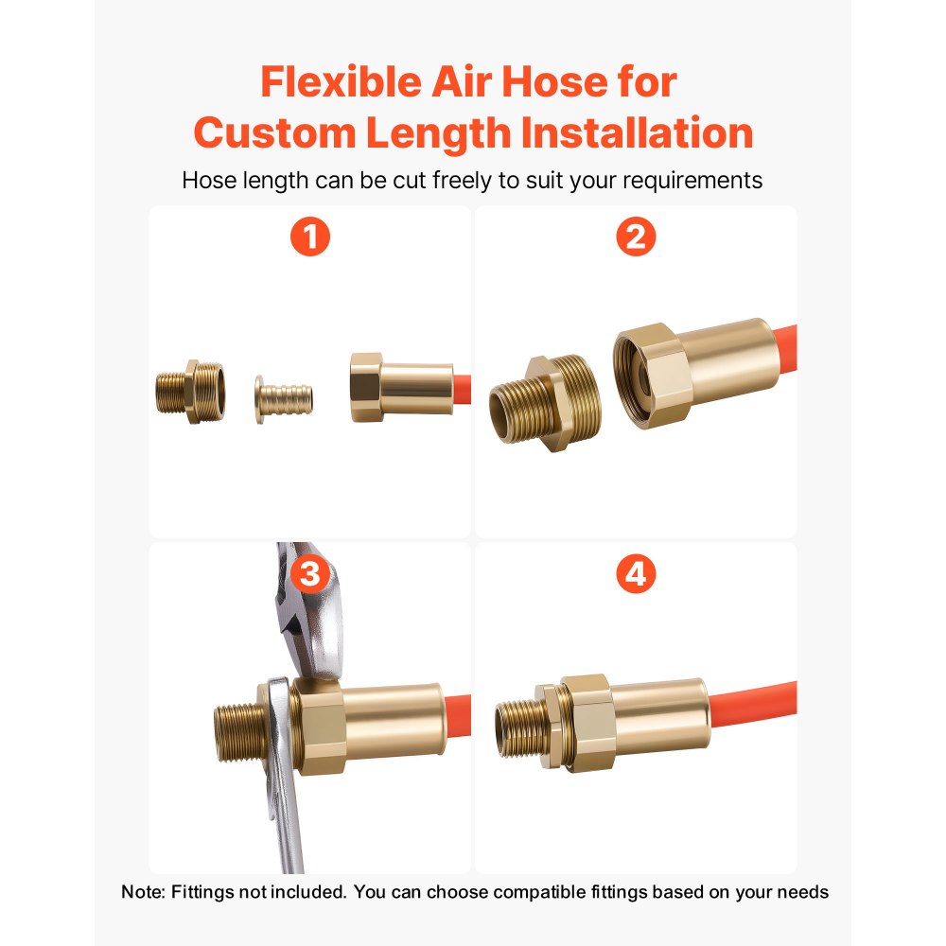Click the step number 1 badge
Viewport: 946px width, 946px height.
pyautogui.click(x=310, y=237)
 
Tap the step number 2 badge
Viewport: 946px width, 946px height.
pyautogui.click(x=635, y=237)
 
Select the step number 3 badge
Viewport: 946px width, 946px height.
pyautogui.click(x=310, y=573)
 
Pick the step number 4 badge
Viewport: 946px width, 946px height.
pyautogui.click(x=635, y=573)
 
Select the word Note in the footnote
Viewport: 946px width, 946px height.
pyautogui.click(x=141, y=891)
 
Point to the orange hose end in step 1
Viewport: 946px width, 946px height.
pyautogui.click(x=462, y=387)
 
